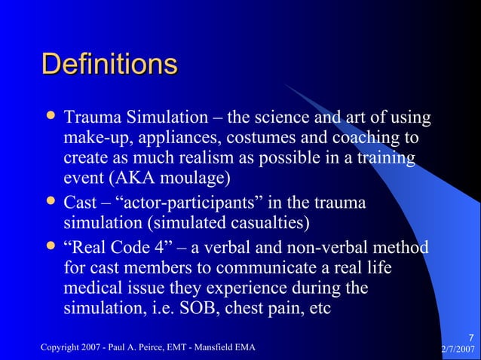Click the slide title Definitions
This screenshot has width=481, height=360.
[109, 64]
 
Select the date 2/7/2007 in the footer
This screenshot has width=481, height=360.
[458, 348]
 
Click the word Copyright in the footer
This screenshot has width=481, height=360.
[59, 347]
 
